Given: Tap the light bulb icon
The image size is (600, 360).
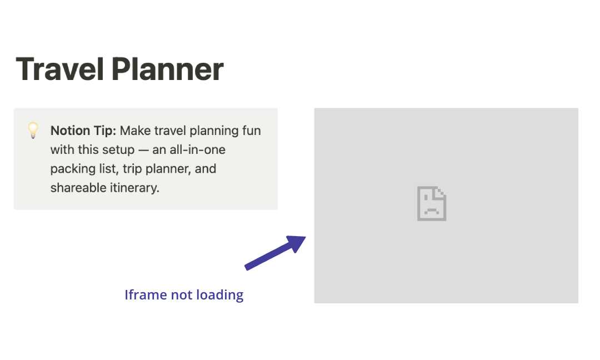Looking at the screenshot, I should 33,131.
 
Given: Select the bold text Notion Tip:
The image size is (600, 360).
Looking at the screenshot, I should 83,131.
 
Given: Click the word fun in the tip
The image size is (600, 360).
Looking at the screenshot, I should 251,131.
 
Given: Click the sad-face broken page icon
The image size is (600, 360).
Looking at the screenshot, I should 432,204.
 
